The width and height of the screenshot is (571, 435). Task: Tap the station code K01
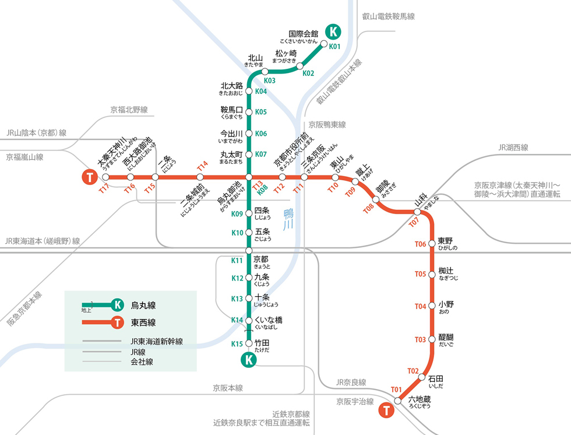tap(334, 46)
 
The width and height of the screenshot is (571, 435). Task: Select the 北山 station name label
tap(256, 58)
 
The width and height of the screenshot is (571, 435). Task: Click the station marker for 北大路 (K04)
tap(249, 92)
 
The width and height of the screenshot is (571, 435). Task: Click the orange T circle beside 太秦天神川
tap(89, 177)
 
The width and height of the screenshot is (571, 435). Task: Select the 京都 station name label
tap(261, 259)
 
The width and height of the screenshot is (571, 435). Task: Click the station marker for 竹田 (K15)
tap(249, 343)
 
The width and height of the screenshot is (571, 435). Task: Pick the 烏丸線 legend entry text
tap(143, 305)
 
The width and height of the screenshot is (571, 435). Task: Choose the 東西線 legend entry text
tap(143, 322)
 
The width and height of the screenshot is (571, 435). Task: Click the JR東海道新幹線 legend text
tap(157, 341)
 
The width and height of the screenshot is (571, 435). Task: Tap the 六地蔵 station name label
tap(419, 399)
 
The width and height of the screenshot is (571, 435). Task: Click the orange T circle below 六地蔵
tap(386, 411)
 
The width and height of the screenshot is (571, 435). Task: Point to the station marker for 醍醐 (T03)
tap(432, 339)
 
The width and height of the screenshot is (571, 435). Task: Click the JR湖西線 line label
tap(513, 148)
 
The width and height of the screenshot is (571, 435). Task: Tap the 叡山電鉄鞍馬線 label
tap(388, 17)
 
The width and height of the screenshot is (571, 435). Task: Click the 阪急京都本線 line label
tap(24, 308)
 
